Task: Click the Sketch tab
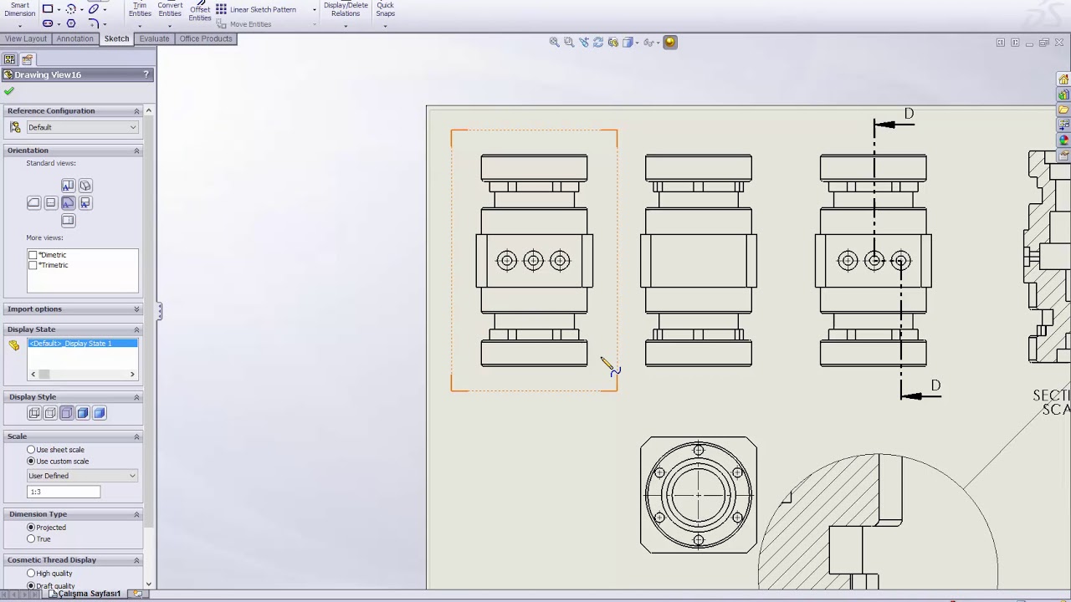coord(116,38)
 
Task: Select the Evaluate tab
coord(154,38)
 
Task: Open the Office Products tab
coord(205,38)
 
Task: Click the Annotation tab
coord(74,38)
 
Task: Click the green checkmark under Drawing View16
coord(9,91)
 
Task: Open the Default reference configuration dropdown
coord(82,127)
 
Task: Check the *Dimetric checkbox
coord(33,255)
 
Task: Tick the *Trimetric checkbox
coord(33,265)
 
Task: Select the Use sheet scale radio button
coord(31,450)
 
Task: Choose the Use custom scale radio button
coord(31,462)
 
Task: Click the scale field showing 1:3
coord(64,492)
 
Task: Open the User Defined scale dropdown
coord(82,476)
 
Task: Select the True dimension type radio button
coord(31,539)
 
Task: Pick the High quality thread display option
coord(31,574)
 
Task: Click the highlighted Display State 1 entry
coord(82,344)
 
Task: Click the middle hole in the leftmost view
coord(533,261)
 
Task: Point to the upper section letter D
coord(909,114)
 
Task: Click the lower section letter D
coord(935,385)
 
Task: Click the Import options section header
coord(35,309)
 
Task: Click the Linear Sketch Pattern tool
coord(262,9)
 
